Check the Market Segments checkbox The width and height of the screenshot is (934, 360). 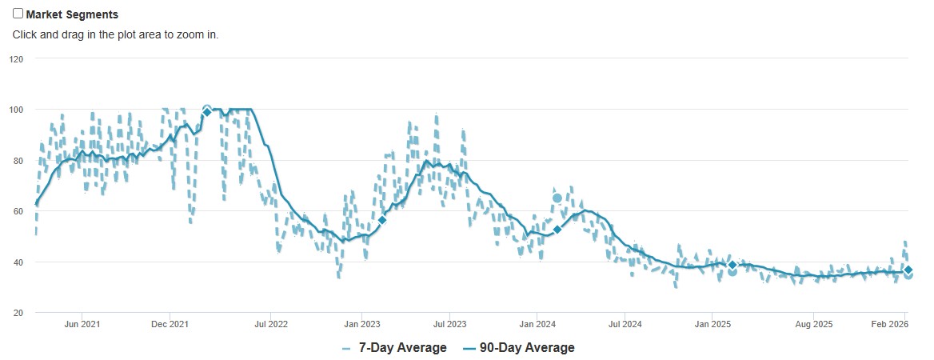pos(18,14)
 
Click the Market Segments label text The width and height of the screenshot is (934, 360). pos(72,14)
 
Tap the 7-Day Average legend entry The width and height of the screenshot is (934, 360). pos(394,348)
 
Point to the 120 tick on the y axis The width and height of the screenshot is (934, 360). pos(16,59)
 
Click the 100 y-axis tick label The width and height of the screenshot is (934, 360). pos(16,110)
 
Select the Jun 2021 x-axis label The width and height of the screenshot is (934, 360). pos(82,324)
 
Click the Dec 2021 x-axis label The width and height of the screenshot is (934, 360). pos(170,324)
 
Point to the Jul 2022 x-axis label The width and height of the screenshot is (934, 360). pos(270,324)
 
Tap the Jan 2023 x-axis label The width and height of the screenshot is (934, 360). pos(361,324)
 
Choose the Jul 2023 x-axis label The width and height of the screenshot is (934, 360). pos(449,324)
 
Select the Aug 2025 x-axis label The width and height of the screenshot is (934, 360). pos(814,324)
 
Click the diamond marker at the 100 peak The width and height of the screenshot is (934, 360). pos(207,112)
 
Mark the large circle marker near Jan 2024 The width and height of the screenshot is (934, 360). pos(557,198)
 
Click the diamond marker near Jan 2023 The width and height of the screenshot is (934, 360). pos(382,220)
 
